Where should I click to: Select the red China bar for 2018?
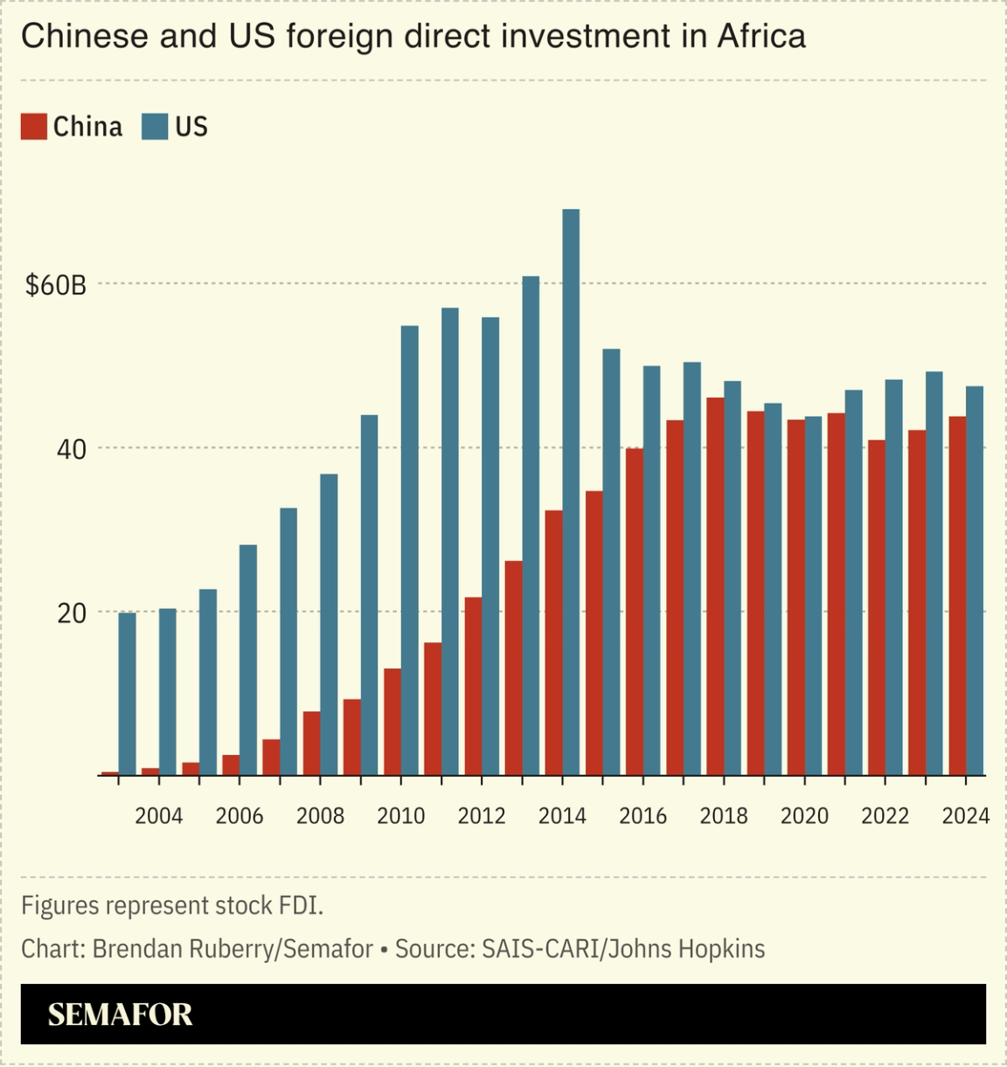click(715, 586)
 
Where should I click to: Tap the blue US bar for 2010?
click(409, 551)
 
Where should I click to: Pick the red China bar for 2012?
click(473, 686)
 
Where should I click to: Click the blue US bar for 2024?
click(975, 580)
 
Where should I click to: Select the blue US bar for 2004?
click(167, 691)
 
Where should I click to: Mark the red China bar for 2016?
click(635, 612)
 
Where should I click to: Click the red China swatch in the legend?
click(33, 127)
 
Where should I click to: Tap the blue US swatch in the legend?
click(155, 127)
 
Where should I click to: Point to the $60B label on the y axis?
click(56, 285)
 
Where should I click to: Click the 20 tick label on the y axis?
click(72, 613)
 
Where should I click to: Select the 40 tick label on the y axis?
click(72, 449)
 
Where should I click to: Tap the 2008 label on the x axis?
click(320, 816)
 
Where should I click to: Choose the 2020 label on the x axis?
click(804, 816)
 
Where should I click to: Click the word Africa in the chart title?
click(761, 37)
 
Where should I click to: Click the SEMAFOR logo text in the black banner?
click(120, 1015)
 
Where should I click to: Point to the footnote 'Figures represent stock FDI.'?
click(172, 905)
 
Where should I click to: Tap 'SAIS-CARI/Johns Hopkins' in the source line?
click(623, 949)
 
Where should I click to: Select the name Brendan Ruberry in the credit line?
click(183, 949)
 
